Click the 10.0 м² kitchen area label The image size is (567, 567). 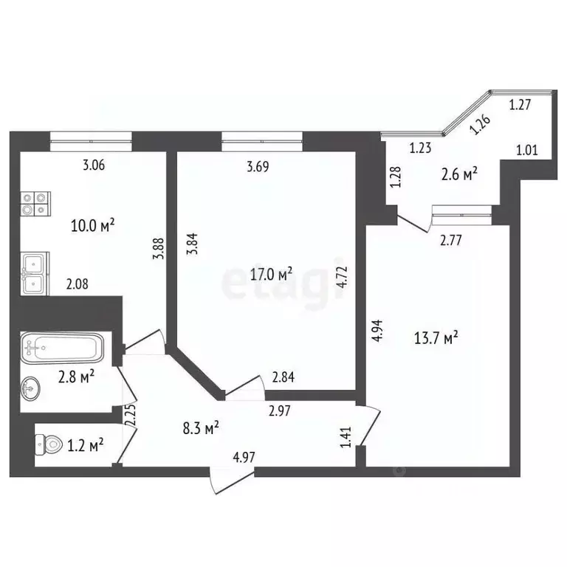point(93,226)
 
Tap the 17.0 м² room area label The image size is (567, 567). point(271,274)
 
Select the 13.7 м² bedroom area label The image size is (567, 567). point(436,338)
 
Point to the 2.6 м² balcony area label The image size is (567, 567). point(459,174)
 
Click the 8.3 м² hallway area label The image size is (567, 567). point(201,428)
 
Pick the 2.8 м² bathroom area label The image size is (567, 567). point(76,377)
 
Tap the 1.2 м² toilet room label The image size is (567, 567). point(86,445)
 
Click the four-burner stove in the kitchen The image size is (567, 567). point(35,204)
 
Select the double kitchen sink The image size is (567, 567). point(35,273)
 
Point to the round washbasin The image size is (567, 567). point(30,389)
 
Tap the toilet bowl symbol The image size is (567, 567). point(49,444)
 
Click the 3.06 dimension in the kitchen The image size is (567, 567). point(94,165)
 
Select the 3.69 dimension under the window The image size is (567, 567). point(258,167)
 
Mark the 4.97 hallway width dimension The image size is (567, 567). point(244,457)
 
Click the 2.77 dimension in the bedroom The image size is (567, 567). point(451,241)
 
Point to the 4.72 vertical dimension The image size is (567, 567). point(342,277)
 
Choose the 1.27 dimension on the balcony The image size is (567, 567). point(520,105)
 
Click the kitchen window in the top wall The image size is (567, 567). point(91,142)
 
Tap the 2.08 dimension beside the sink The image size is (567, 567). point(77,283)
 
